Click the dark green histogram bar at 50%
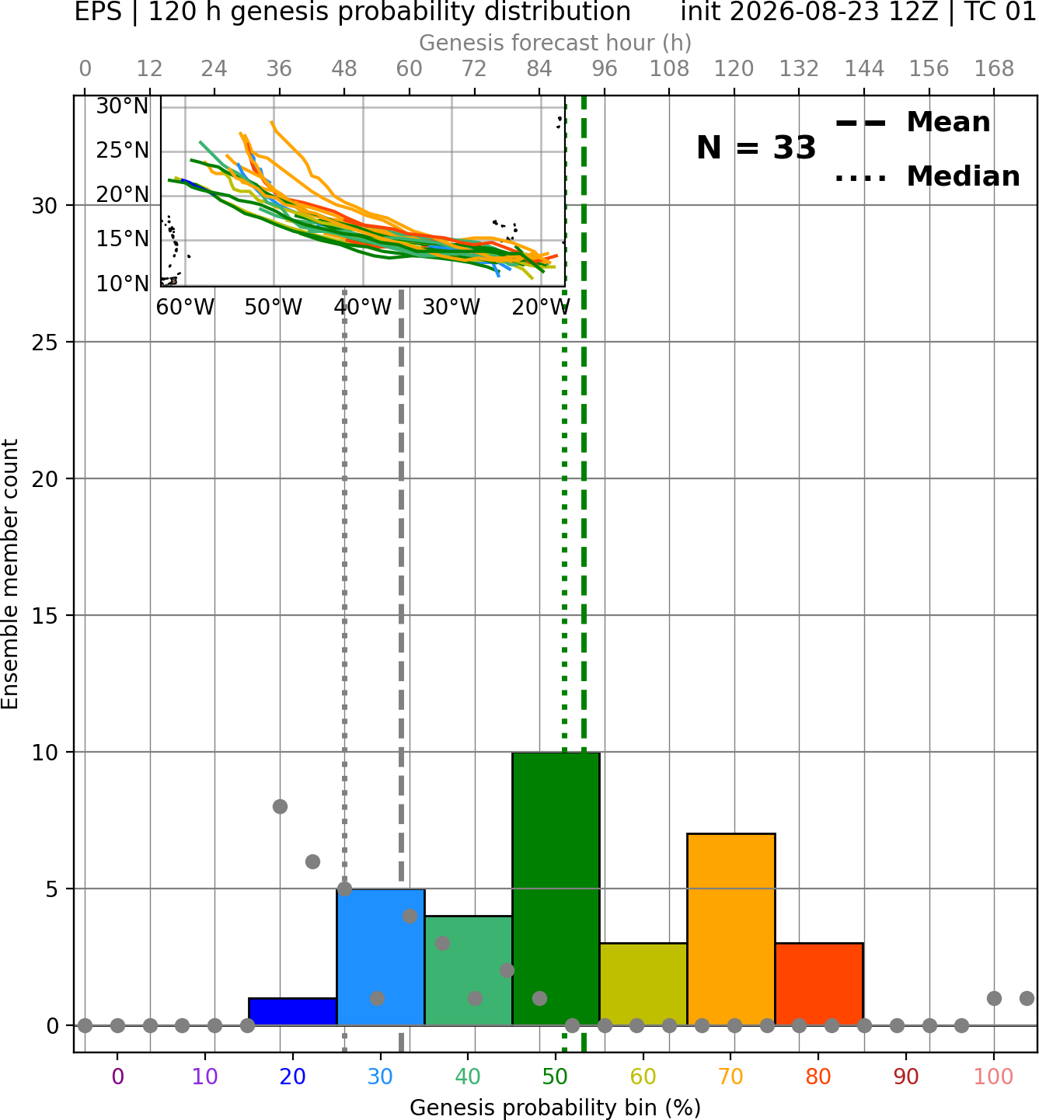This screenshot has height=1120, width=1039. pos(556,889)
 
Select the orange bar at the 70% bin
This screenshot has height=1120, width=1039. pos(730,929)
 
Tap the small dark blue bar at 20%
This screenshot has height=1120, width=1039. pos(293,1012)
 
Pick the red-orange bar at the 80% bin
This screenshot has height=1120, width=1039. pos(819,984)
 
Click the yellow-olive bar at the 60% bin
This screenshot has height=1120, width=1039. pos(643,984)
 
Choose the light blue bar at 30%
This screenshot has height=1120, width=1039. pos(380,957)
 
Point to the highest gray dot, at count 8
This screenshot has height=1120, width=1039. pos(280,806)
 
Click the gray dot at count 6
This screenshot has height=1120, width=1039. pos(312,861)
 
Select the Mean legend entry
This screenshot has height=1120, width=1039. pos(912,123)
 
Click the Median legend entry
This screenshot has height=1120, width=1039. pos(928,176)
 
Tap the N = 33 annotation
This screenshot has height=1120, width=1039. pos(756,148)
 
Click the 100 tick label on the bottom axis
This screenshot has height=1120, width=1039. pos(994,1077)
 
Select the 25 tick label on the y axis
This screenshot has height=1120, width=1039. pos(45,343)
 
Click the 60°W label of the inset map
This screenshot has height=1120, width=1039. pos(185,308)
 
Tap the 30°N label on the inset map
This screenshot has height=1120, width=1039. pos(123,106)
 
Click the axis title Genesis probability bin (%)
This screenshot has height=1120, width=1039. pos(556,1108)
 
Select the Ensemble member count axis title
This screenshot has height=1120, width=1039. pos(10,574)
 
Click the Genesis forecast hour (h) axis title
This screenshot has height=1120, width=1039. pos(556,43)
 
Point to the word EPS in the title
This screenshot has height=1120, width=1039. pos(98,12)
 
